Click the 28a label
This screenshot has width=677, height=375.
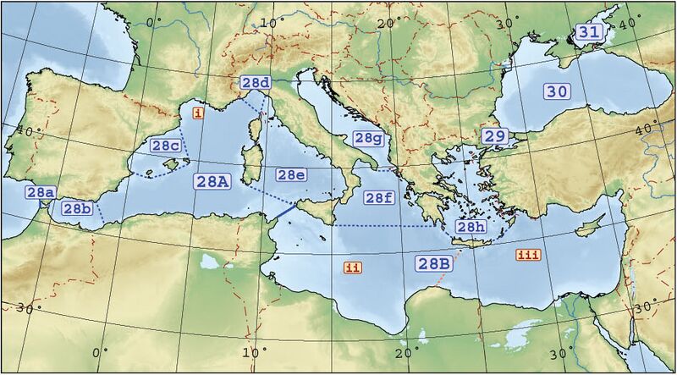click(x=41, y=192)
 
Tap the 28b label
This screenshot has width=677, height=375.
click(x=77, y=208)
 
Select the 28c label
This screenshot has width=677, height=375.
click(x=165, y=146)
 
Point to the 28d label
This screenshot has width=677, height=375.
click(x=256, y=82)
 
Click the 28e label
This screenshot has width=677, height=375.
click(x=290, y=174)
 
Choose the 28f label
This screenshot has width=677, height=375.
click(x=378, y=197)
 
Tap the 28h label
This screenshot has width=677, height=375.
click(x=470, y=226)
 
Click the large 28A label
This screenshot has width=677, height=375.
click(x=212, y=181)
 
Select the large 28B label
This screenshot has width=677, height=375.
click(x=433, y=262)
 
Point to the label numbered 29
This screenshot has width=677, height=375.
click(x=494, y=135)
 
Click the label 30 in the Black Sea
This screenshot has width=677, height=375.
click(x=557, y=91)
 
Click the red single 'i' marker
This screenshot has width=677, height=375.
click(x=198, y=112)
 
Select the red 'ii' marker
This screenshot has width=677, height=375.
click(x=353, y=267)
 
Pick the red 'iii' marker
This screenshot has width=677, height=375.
click(x=528, y=255)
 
